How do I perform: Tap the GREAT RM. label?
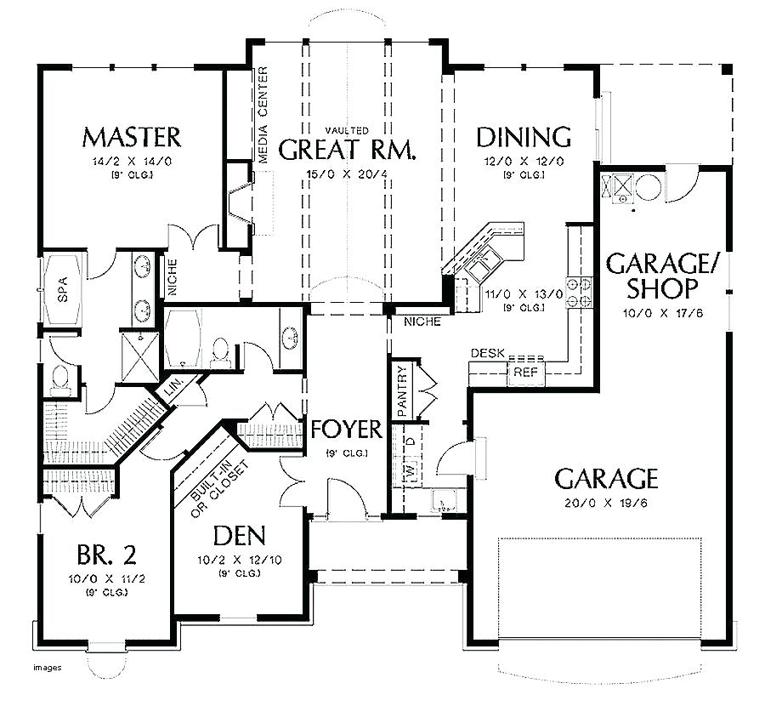tap(348, 151)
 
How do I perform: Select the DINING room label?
tap(523, 137)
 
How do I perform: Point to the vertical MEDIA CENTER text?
tap(263, 114)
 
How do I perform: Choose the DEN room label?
tap(239, 535)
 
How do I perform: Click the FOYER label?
tap(346, 429)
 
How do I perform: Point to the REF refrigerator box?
tap(519, 372)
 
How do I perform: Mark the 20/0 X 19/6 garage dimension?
tap(606, 503)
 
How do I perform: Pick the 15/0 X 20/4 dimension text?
tap(347, 175)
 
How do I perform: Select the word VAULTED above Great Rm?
tap(348, 130)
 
